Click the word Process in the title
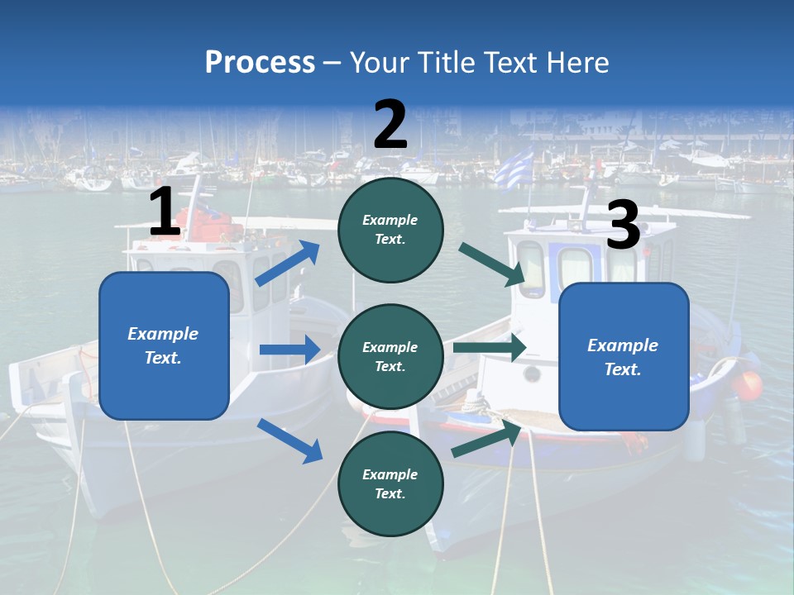pos(260,62)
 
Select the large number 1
pos(165,212)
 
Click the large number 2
pos(390,125)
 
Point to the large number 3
pos(623,226)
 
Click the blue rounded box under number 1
pos(164,345)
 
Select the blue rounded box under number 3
pos(624,356)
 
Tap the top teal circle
pos(390,230)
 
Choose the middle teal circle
pos(390,356)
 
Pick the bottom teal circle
pos(390,483)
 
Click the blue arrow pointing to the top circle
pos(288,263)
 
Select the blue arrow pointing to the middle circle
pos(289,350)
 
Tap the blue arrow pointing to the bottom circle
pos(289,440)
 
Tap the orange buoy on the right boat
pos(749,385)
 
